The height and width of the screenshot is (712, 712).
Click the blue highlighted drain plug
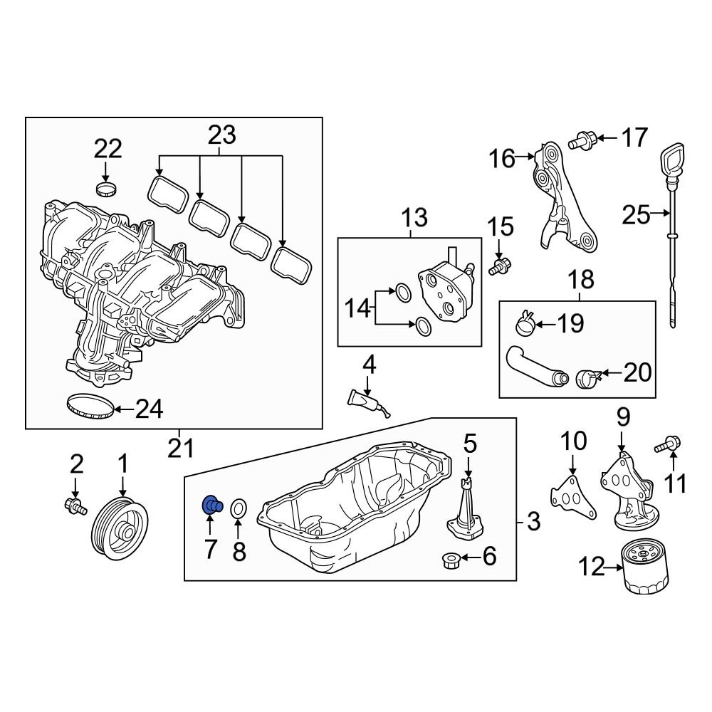[x=211, y=505]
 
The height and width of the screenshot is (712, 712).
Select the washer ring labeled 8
[x=239, y=508]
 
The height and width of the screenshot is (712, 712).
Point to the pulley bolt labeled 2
[x=73, y=506]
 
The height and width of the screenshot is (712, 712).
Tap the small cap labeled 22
[x=105, y=189]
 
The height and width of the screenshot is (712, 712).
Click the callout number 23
[x=221, y=135]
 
